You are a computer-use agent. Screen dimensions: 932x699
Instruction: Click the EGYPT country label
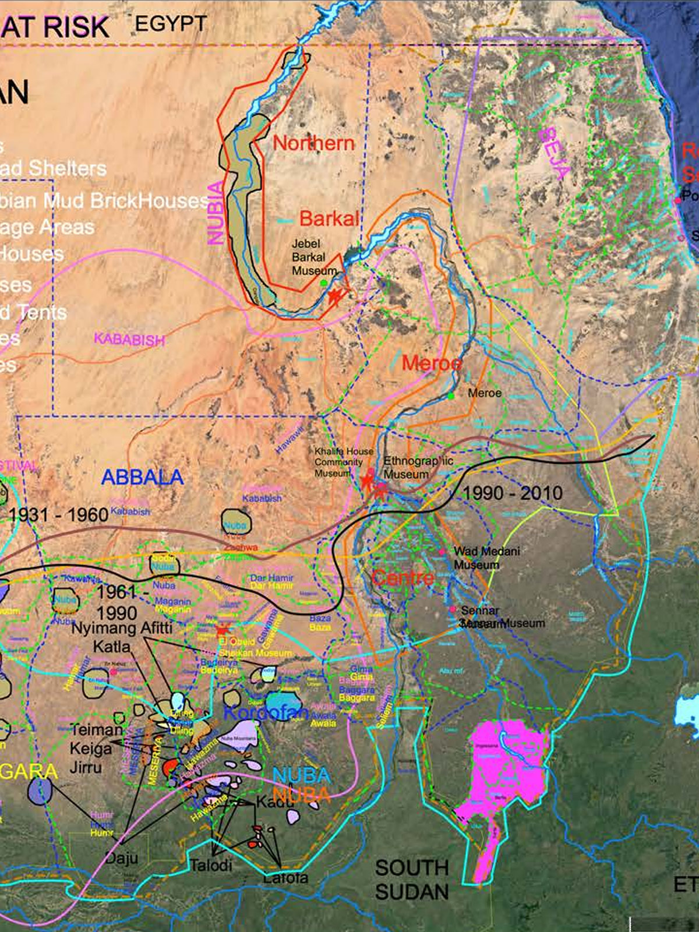coord(171,24)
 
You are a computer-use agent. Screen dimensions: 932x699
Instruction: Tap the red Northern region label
coord(313,143)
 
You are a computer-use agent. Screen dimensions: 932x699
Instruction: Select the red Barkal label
coord(329,218)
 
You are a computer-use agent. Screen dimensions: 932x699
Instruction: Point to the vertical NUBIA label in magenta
coord(216,212)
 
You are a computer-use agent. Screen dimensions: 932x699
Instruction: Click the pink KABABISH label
coord(129,339)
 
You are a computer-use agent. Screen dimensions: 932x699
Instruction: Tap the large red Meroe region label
coord(432,363)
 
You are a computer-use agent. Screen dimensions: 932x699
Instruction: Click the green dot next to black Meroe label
coord(451,396)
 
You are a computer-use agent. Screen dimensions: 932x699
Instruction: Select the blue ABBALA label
coord(142,477)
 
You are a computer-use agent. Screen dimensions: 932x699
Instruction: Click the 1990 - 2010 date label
coord(513,493)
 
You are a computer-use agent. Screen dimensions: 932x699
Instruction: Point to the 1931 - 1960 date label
coord(58,515)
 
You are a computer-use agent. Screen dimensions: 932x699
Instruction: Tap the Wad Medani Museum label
coord(486,557)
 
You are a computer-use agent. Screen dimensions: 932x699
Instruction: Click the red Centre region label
coord(403,578)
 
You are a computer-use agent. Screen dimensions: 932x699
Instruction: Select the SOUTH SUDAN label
coord(412,880)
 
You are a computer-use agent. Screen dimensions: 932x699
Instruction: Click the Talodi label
coord(211,865)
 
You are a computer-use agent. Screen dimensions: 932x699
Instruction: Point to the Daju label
coord(122,857)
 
